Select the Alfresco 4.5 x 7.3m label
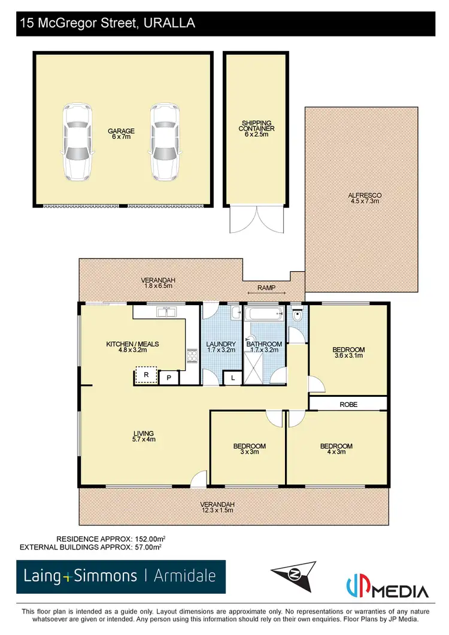point(365,199)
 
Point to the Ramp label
point(266,288)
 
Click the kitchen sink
point(165,312)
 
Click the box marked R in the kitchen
point(145,375)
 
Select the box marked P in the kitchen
point(169,378)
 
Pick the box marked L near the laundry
point(232,378)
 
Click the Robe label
point(348,405)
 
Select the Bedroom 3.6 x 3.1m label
point(348,353)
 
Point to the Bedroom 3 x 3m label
point(249,449)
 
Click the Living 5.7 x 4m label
point(144,437)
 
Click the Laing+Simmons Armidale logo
point(121,576)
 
